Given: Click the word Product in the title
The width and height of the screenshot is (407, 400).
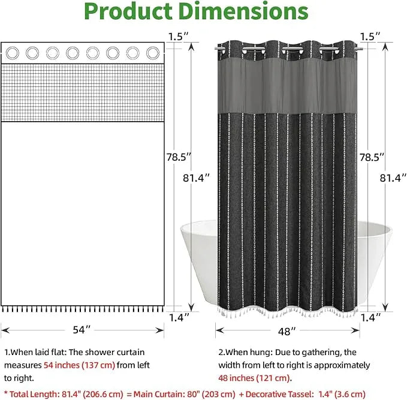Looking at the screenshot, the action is [x=128, y=11].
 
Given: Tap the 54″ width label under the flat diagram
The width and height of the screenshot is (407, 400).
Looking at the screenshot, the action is [x=82, y=330].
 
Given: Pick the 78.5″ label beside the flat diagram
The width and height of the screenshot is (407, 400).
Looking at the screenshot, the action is [x=179, y=157].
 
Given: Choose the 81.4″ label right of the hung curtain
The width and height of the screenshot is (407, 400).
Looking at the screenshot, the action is [x=393, y=178].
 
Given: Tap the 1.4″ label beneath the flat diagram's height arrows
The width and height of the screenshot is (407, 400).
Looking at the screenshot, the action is [x=179, y=317].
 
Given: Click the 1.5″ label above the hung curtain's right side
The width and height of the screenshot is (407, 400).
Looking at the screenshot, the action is [x=370, y=37].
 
